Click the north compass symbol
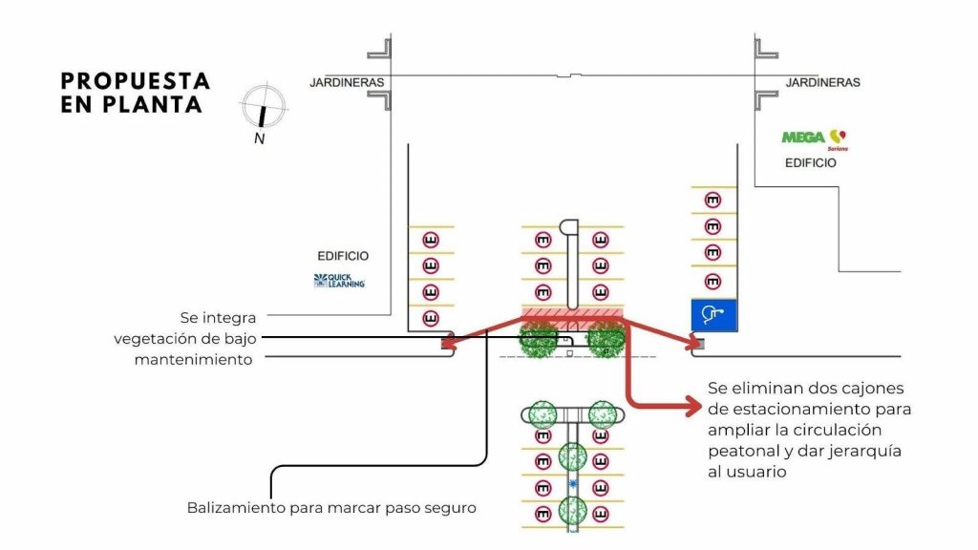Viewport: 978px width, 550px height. click(264, 105)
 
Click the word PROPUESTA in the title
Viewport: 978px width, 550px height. click(135, 81)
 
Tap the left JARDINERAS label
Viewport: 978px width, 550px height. click(347, 83)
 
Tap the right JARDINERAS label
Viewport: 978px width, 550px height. click(822, 83)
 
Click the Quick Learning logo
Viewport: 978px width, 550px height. click(339, 281)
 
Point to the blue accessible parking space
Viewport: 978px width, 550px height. click(712, 312)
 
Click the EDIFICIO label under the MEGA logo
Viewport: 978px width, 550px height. click(810, 163)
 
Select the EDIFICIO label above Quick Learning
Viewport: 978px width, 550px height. click(343, 256)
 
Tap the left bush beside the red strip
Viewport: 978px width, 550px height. click(539, 339)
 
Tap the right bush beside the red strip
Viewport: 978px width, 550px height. click(606, 339)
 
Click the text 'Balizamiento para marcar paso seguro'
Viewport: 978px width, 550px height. click(330, 508)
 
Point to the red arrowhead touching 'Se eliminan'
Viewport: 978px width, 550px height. click(695, 407)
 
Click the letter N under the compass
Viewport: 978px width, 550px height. click(259, 138)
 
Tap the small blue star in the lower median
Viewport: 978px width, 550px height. click(573, 486)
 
